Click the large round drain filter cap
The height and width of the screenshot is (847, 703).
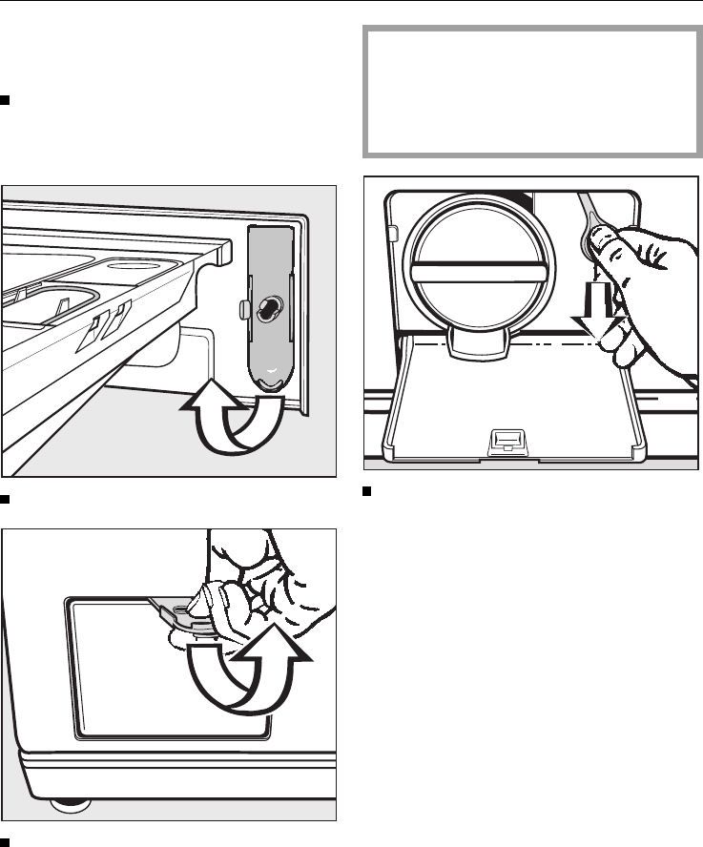[x=473, y=273]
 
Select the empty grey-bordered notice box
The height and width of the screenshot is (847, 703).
[x=531, y=93]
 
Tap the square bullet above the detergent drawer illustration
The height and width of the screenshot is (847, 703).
[x=6, y=99]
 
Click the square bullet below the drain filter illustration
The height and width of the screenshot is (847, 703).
[x=367, y=492]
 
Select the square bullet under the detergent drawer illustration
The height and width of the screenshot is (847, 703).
[x=6, y=497]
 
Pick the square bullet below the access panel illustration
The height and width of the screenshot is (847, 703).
[x=6, y=839]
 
